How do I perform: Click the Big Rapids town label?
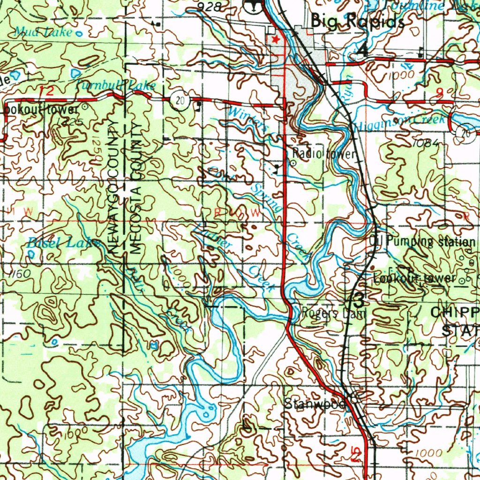tap(357, 22)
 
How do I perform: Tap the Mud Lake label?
tap(43, 32)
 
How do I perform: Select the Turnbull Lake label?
tap(115, 85)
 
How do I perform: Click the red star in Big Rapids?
tap(276, 39)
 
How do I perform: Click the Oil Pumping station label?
tap(422, 242)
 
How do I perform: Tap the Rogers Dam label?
tap(332, 313)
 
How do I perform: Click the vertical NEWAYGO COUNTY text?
tap(113, 187)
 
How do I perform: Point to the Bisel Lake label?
tap(63, 243)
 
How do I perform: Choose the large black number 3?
tap(358, 299)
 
